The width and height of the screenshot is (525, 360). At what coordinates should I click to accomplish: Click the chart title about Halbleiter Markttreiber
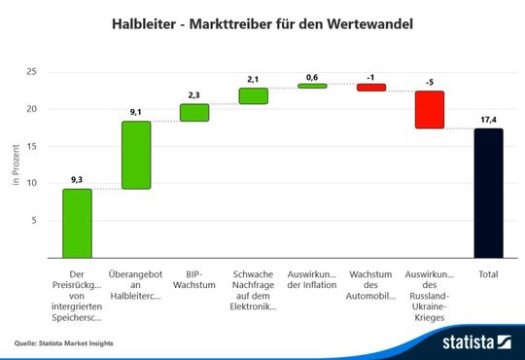(x=262, y=20)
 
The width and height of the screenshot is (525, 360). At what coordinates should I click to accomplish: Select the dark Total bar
(x=488, y=193)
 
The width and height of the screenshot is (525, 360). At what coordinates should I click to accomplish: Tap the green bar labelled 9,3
(x=77, y=223)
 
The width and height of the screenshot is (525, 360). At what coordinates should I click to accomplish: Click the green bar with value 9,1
(x=135, y=155)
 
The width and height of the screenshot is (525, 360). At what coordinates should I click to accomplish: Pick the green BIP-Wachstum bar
(x=194, y=113)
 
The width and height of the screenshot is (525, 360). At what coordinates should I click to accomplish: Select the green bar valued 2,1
(x=253, y=95)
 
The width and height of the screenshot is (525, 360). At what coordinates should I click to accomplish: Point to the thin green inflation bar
(x=312, y=86)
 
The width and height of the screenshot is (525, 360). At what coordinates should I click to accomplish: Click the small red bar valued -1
(x=370, y=88)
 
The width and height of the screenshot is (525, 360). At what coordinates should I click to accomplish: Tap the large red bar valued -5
(x=429, y=110)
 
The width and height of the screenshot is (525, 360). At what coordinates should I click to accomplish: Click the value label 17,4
(x=488, y=119)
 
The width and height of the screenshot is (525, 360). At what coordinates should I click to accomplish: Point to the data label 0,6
(x=312, y=76)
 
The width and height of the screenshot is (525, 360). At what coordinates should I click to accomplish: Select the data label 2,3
(x=194, y=94)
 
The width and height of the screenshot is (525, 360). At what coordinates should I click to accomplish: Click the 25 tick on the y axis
(x=32, y=72)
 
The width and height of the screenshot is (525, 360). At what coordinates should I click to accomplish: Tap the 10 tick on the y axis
(x=32, y=183)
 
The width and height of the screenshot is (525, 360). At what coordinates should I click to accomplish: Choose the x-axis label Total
(x=488, y=274)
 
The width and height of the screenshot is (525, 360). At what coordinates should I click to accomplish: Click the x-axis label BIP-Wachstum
(x=194, y=279)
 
